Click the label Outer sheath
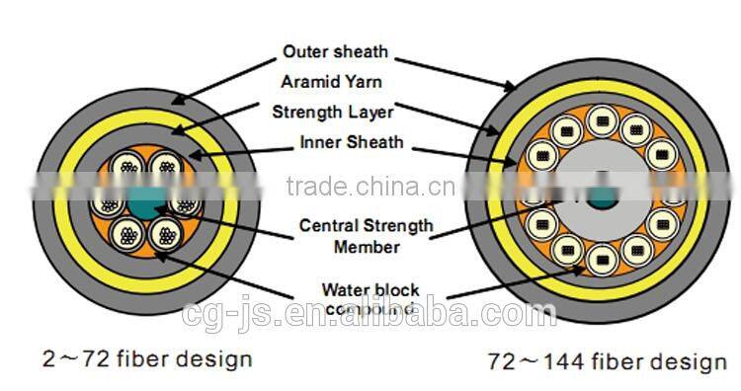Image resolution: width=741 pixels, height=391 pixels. pyautogui.click(x=335, y=51)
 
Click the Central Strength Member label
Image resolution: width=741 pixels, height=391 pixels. pyautogui.click(x=366, y=235)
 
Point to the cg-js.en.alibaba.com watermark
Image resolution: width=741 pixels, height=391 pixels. pyautogui.click(x=370, y=315)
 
